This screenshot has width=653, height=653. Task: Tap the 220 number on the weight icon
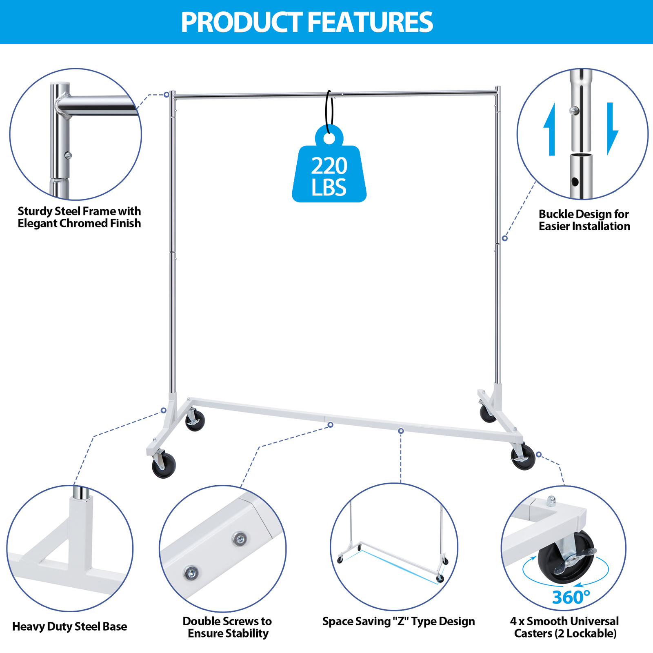coord(329,166)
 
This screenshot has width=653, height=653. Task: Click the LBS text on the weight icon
coord(329,188)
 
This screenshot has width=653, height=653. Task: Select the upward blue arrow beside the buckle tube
coord(551,129)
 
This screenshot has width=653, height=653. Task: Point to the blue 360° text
coord(571,597)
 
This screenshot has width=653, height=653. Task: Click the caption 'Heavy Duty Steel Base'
coord(69,626)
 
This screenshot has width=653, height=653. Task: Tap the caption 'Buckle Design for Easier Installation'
coord(584,220)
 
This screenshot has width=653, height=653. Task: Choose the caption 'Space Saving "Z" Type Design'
coord(398,622)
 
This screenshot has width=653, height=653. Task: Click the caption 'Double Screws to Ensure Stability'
coord(227,627)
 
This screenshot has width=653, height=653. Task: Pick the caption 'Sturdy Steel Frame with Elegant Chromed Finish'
coord(79,217)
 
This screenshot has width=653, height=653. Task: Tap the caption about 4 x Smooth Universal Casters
coord(564,627)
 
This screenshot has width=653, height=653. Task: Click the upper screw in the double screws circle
coord(240,539)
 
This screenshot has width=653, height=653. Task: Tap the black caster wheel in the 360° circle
coord(565,557)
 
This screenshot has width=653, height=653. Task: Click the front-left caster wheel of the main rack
coord(164,466)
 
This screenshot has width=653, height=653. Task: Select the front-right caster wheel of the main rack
coord(523,457)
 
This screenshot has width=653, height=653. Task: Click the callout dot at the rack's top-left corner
coord(167,95)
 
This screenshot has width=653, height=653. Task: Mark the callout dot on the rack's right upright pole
coord(505,238)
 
